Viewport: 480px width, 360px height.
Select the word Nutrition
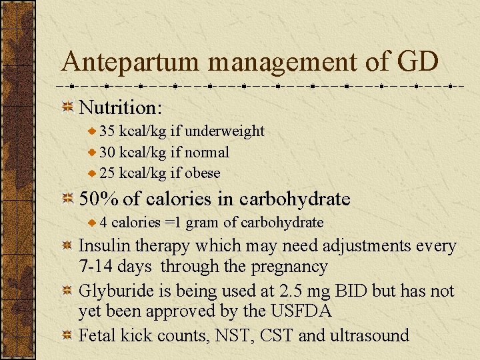click(x=121, y=107)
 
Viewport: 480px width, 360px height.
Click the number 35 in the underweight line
click(x=107, y=131)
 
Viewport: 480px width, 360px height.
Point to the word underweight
click(x=227, y=131)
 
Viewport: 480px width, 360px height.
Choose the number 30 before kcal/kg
click(x=107, y=152)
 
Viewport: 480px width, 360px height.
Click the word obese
click(x=203, y=173)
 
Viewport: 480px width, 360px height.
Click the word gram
click(x=201, y=222)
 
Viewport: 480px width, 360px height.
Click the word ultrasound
click(x=369, y=335)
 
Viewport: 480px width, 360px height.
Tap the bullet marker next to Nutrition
click(x=67, y=107)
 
